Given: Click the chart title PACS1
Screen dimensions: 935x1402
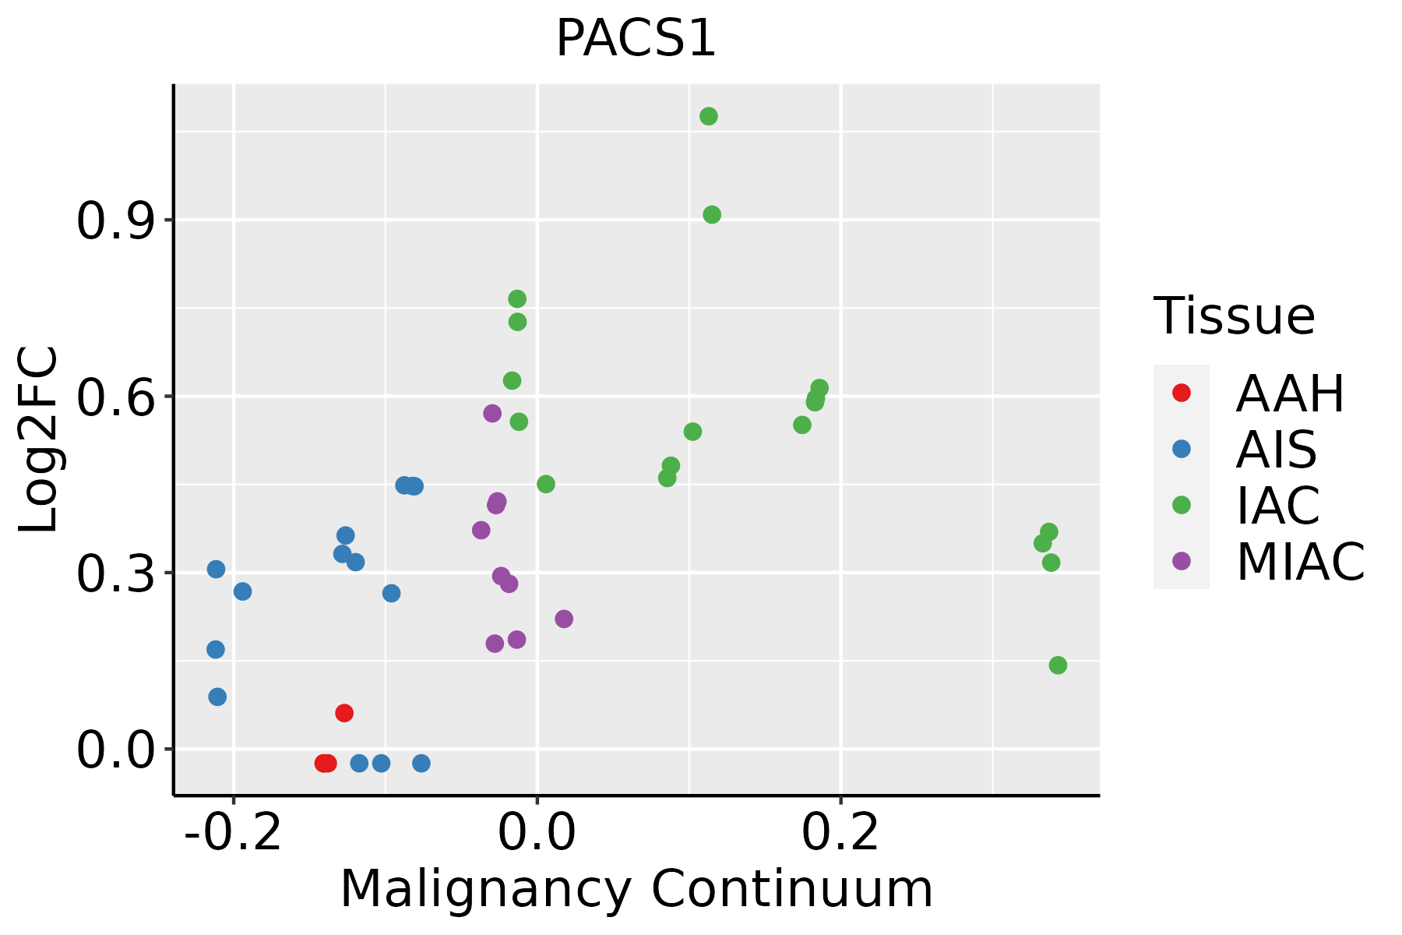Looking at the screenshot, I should (x=636, y=39).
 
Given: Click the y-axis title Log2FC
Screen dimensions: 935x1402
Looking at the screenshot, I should (x=39, y=440).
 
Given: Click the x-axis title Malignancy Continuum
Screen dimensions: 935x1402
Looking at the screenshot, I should (x=636, y=889).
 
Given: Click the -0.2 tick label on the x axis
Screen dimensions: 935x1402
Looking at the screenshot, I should (x=233, y=833).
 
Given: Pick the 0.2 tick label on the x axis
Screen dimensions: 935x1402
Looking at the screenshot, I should (x=840, y=833).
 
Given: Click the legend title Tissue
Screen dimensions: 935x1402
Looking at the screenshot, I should (x=1234, y=316).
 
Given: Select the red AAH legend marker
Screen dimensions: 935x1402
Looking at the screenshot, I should (x=1181, y=393).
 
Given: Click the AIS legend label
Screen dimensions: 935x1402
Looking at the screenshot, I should (x=1276, y=450).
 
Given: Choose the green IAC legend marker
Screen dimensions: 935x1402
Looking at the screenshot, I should (x=1181, y=505).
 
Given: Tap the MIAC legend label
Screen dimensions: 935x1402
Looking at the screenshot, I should (x=1300, y=561).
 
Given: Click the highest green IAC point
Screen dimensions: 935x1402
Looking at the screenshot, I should (x=709, y=117).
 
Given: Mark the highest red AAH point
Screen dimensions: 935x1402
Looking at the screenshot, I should (x=344, y=713).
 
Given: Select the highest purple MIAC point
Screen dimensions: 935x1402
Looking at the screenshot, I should (x=492, y=413).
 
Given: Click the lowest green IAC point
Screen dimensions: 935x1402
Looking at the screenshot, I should (x=1058, y=665).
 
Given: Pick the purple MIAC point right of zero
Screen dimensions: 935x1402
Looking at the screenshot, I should (x=564, y=619).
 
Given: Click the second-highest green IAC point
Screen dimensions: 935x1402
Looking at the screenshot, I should (x=712, y=215).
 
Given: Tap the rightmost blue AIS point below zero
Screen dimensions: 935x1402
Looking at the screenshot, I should (x=421, y=763).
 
